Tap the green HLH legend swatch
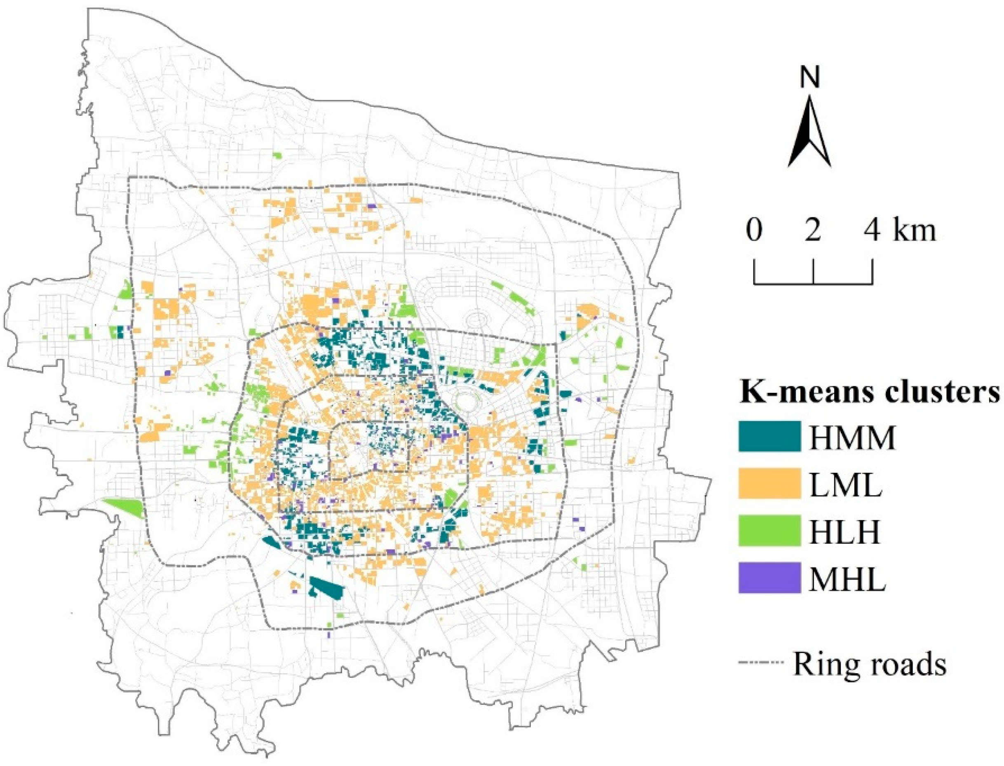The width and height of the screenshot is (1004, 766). coord(769,530)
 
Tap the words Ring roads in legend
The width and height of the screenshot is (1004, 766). coord(869,664)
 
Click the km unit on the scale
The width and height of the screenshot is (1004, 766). coord(915,231)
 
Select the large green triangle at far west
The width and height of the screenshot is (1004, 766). coord(124,507)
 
